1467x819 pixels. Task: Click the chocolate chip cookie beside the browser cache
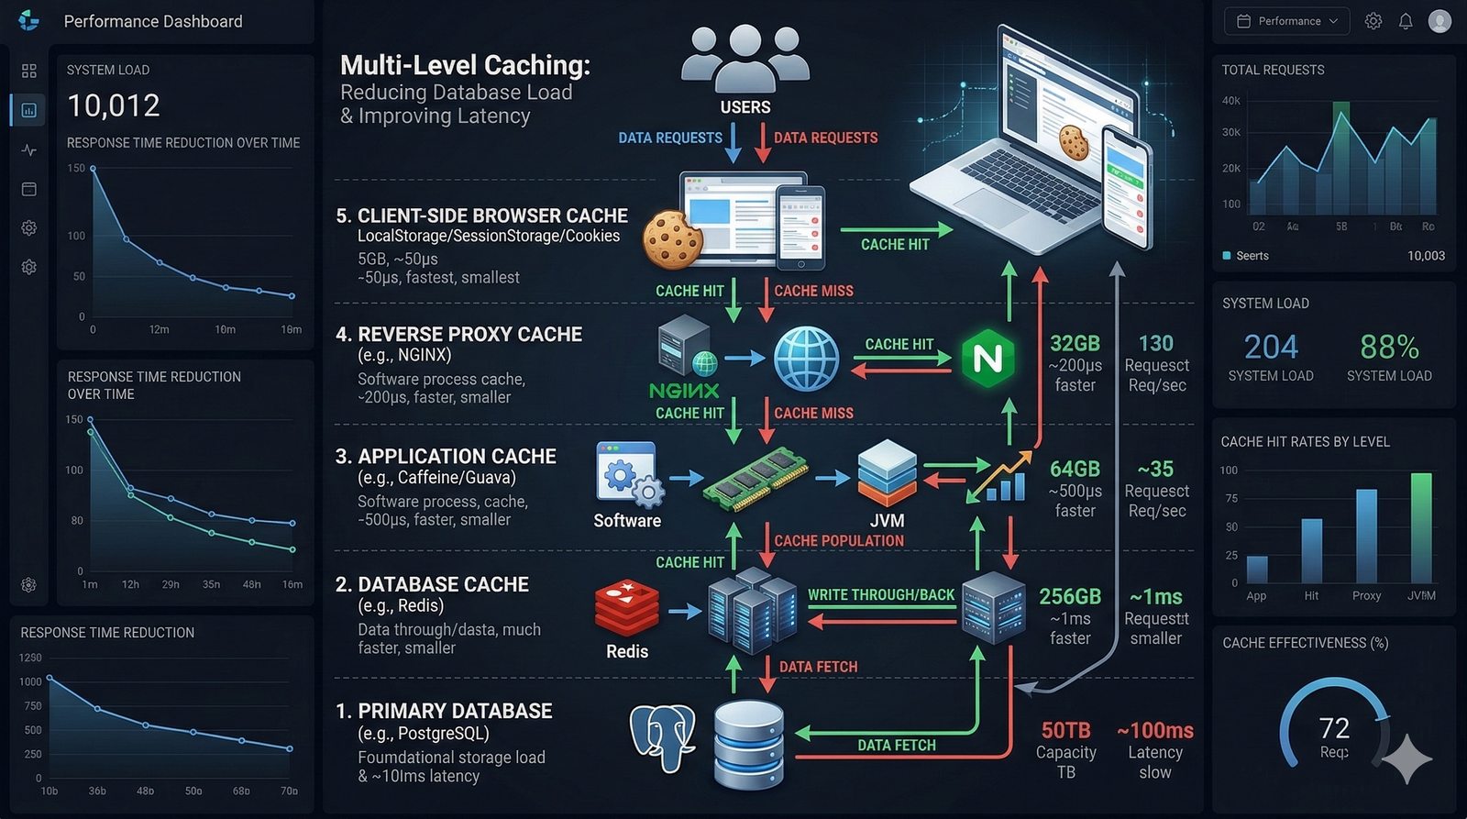673,238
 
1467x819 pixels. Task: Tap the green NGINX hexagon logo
987,358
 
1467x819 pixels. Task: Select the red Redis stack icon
627,608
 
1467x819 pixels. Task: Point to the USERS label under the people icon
745,107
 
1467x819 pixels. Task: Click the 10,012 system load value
114,105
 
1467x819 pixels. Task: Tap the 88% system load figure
1389,347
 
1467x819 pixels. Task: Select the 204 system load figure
1271,347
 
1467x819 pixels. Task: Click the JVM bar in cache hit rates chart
1421,528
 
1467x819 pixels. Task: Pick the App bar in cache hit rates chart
1257,570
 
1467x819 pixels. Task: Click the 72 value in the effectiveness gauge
1334,728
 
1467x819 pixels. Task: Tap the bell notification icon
1406,21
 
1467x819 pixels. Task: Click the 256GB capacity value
1070,596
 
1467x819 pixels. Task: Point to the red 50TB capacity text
1065,730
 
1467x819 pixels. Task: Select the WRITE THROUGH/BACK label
881,594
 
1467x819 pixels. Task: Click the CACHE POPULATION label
839,541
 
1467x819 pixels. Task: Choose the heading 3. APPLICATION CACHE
447,457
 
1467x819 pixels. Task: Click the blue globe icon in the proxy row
806,359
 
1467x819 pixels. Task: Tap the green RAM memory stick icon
756,477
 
